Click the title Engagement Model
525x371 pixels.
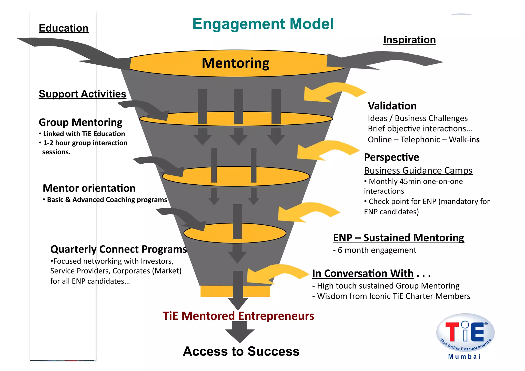click(x=263, y=24)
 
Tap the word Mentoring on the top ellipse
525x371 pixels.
click(x=235, y=63)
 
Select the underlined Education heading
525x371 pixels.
click(x=64, y=28)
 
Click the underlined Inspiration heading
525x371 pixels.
click(x=409, y=40)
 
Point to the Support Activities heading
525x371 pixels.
click(x=82, y=94)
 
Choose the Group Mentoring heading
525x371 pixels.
click(x=80, y=122)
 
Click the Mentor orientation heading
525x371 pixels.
click(x=89, y=188)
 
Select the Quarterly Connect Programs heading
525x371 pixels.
click(x=118, y=249)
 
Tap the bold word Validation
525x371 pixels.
click(x=392, y=106)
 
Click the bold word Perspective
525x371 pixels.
click(x=391, y=157)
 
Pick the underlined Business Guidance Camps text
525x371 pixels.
click(x=418, y=171)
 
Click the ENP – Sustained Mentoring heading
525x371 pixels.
click(x=398, y=238)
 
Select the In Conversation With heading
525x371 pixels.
click(x=363, y=273)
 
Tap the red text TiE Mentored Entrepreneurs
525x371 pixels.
click(x=238, y=316)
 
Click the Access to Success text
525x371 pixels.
click(x=241, y=351)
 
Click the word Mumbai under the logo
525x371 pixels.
click(x=464, y=357)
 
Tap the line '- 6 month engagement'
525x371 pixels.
click(x=375, y=250)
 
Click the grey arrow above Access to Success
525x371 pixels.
click(x=240, y=332)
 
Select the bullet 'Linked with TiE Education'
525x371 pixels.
click(x=84, y=134)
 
